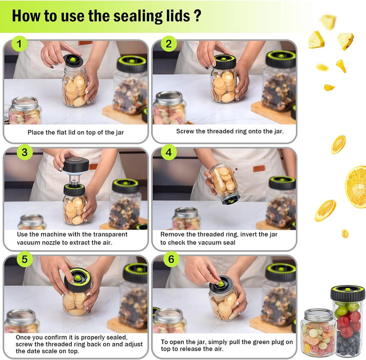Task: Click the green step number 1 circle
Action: (x=19, y=44)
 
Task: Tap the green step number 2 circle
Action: (x=169, y=44)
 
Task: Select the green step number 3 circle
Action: (x=25, y=152)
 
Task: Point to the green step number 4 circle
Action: (x=169, y=152)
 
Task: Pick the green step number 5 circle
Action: (x=25, y=259)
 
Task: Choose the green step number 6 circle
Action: (x=171, y=259)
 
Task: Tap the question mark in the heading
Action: (x=197, y=16)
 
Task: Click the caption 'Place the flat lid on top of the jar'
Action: (x=76, y=132)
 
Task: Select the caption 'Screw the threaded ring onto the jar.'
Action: (x=230, y=131)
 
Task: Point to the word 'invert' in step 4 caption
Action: (x=250, y=234)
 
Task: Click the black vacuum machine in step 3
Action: (x=76, y=165)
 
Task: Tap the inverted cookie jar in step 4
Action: (x=224, y=184)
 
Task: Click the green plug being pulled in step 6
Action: (x=220, y=283)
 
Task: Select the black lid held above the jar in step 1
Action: (x=73, y=60)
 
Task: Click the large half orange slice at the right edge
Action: (x=355, y=187)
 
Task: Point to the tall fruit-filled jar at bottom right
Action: (x=348, y=321)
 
